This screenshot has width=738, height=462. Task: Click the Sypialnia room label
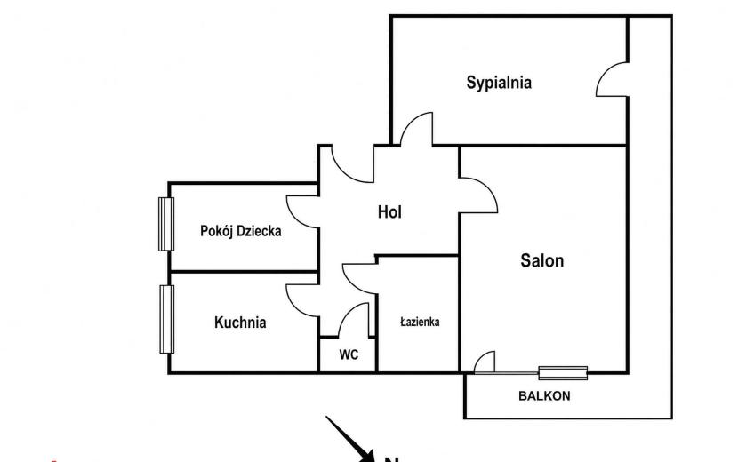click(499, 83)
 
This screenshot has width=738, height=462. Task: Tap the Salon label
click(541, 260)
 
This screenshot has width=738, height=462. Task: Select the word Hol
click(389, 212)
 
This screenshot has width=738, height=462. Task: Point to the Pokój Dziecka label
click(240, 231)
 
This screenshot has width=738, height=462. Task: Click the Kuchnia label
click(240, 323)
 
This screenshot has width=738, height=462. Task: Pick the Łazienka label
click(420, 322)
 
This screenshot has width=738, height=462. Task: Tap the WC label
click(349, 354)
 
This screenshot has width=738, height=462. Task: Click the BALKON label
click(544, 396)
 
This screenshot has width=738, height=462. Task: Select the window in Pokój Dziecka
click(166, 224)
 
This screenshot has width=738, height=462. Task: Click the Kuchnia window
click(166, 319)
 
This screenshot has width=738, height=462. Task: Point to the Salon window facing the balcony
click(563, 373)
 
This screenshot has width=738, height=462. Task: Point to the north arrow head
click(367, 456)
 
